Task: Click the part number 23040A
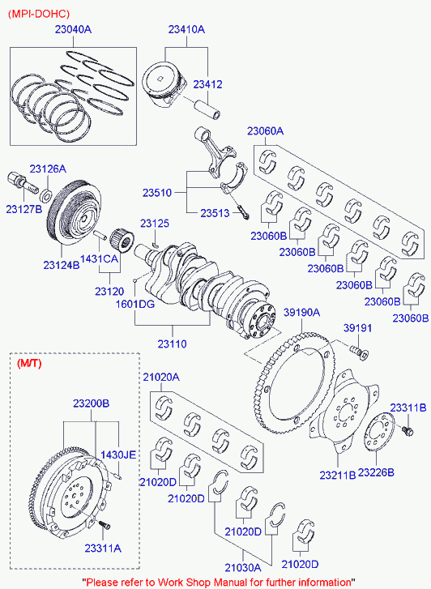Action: tap(73, 29)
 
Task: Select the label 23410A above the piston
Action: tap(186, 29)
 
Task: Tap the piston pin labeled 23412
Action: tap(207, 109)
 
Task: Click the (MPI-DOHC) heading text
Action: tap(39, 14)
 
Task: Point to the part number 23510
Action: tap(157, 193)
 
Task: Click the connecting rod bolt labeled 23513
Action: tap(243, 211)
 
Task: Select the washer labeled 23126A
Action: tap(46, 196)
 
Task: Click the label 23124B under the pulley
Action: tap(62, 265)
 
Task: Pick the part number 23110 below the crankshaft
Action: tap(172, 344)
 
